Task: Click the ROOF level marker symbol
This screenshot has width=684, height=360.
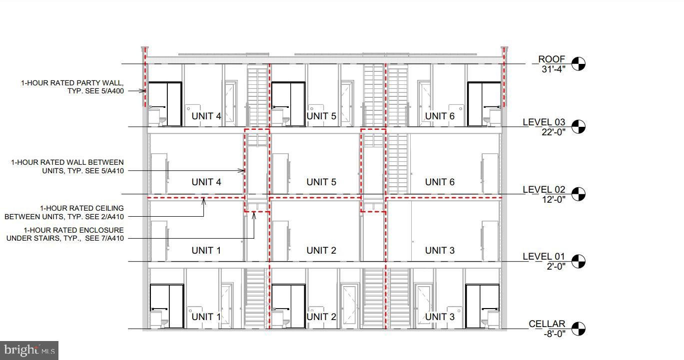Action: tap(579, 64)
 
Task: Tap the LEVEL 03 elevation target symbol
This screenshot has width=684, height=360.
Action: tap(579, 127)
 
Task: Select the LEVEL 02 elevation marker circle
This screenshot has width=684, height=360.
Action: tap(579, 194)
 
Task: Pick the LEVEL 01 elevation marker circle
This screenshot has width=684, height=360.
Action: tap(579, 262)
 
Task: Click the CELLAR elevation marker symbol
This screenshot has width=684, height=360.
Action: tap(579, 329)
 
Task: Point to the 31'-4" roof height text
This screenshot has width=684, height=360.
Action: tap(553, 69)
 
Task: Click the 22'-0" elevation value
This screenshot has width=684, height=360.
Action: tap(553, 132)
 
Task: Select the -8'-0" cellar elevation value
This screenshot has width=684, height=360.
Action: tap(555, 334)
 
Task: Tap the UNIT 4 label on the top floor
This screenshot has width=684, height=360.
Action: tap(206, 116)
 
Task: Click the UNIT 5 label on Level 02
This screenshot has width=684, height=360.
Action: tap(321, 182)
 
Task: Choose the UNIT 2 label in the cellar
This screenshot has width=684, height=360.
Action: tap(321, 317)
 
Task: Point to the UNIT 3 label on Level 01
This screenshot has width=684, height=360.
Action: tap(440, 251)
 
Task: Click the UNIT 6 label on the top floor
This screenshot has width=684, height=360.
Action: tap(440, 116)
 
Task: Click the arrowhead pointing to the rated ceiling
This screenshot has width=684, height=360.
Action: tap(204, 201)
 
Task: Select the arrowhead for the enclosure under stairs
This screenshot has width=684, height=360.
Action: tap(254, 216)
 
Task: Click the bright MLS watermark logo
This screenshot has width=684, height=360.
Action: tap(29, 350)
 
